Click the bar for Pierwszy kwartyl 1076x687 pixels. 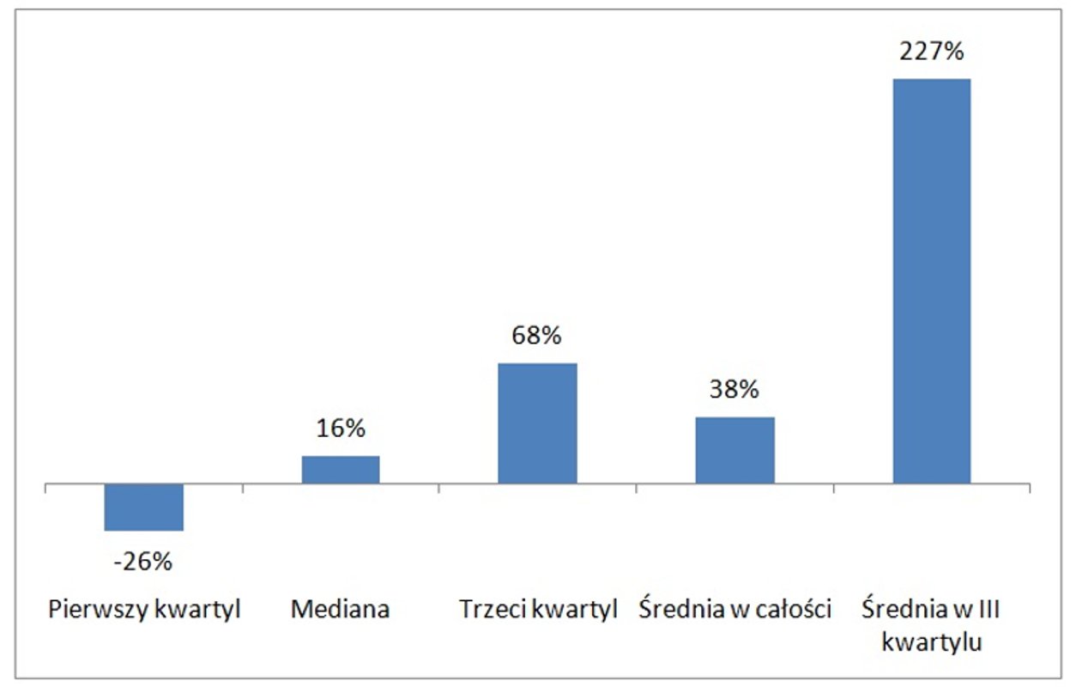point(143,507)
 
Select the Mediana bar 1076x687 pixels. point(340,470)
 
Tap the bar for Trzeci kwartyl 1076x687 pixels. point(537,423)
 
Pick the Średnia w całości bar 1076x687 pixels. point(734,450)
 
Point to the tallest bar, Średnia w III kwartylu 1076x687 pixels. point(932,281)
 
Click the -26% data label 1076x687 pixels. point(143,562)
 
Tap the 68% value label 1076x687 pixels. point(537,336)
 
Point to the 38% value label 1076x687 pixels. point(734,389)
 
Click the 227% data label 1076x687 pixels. point(932,51)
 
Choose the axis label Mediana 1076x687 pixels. point(340,610)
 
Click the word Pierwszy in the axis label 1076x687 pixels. point(90,610)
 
